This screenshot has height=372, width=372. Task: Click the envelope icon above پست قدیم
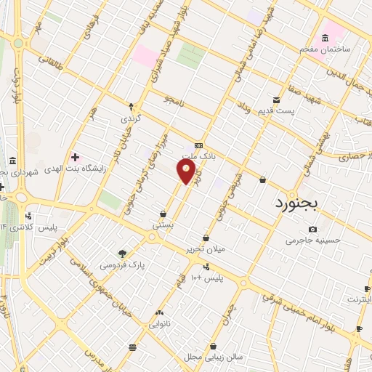click(x=276, y=100)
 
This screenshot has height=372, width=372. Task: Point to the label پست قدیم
click(x=276, y=111)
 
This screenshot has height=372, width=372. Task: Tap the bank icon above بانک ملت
click(x=198, y=145)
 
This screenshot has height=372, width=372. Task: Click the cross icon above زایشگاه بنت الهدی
click(x=76, y=156)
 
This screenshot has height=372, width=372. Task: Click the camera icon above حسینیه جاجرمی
click(x=312, y=229)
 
